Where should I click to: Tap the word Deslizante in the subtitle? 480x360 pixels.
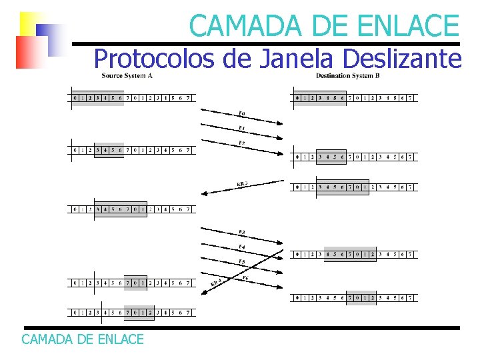point(401,59)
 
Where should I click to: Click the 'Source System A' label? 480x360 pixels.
point(127,75)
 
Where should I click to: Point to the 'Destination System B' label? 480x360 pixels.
point(348,75)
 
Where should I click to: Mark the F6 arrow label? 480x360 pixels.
point(245,277)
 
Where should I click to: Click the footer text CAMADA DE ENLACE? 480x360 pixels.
point(83,339)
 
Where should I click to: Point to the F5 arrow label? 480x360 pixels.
point(241,261)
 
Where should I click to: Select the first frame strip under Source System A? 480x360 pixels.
point(132,98)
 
